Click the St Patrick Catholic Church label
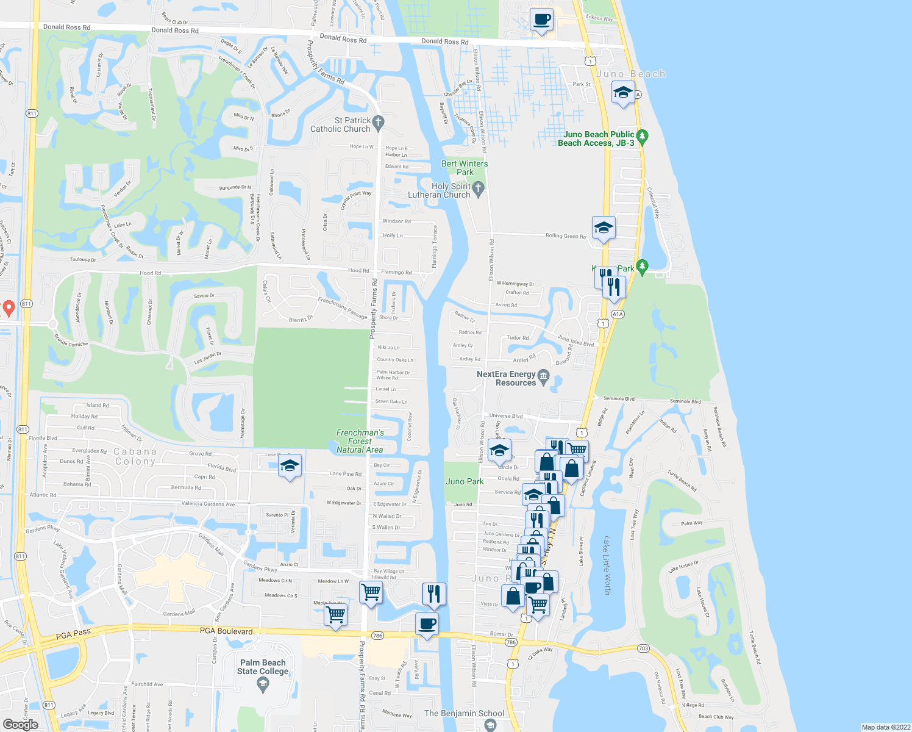(x=341, y=125)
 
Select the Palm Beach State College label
(x=263, y=667)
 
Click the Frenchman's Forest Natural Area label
(x=360, y=441)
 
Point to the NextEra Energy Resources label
(x=506, y=379)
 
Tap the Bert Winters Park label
(x=465, y=168)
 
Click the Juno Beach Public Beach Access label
(x=596, y=138)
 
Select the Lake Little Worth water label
(x=607, y=565)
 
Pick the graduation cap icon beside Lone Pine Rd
(x=290, y=467)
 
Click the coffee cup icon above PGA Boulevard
(x=427, y=624)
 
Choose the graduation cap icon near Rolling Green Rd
(x=604, y=228)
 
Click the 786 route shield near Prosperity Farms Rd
(x=377, y=636)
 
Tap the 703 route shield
(x=643, y=648)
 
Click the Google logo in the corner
(x=20, y=725)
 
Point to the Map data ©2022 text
(x=886, y=727)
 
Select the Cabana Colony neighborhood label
(x=135, y=456)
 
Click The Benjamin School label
(x=465, y=713)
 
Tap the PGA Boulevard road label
(x=226, y=631)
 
